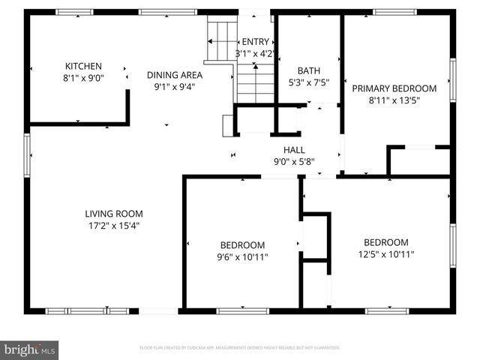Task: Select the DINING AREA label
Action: [x=174, y=74]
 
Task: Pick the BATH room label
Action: [x=308, y=71]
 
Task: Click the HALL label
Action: [x=293, y=149]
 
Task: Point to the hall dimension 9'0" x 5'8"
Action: [x=293, y=160]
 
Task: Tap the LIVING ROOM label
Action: [x=113, y=214]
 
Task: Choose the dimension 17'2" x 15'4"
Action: [x=113, y=224]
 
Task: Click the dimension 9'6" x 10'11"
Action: [x=242, y=256]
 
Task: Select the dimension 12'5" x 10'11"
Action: [x=386, y=253]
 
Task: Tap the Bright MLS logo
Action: [x=30, y=349]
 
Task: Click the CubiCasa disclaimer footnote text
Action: [x=240, y=348]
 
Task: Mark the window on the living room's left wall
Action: [x=28, y=155]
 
